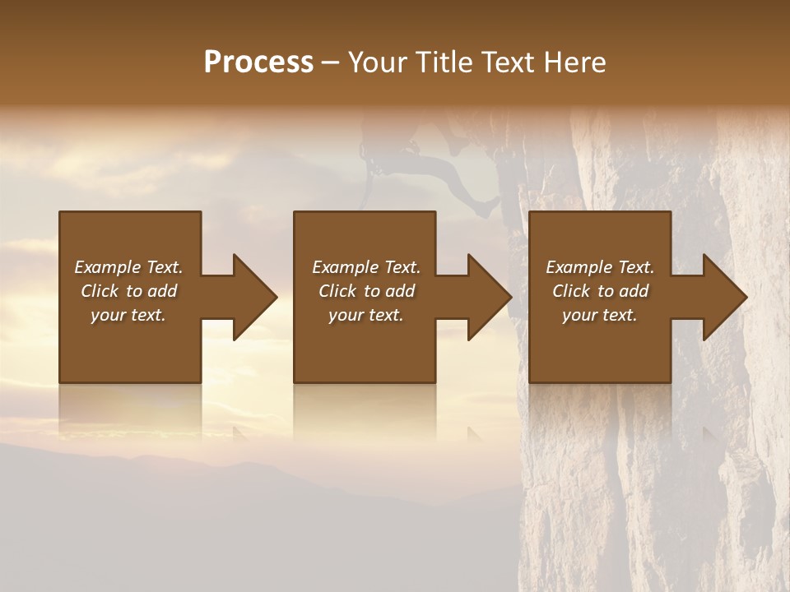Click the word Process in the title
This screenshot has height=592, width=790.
pyautogui.click(x=258, y=62)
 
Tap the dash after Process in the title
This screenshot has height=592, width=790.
pyautogui.click(x=330, y=63)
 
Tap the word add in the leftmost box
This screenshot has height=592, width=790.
pyautogui.click(x=162, y=291)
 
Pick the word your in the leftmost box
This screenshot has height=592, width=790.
pyautogui.click(x=108, y=315)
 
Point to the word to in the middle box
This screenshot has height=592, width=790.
pyautogui.click(x=372, y=291)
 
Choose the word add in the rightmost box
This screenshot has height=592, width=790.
pyautogui.click(x=634, y=291)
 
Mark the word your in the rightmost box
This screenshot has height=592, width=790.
pyautogui.click(x=579, y=315)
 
